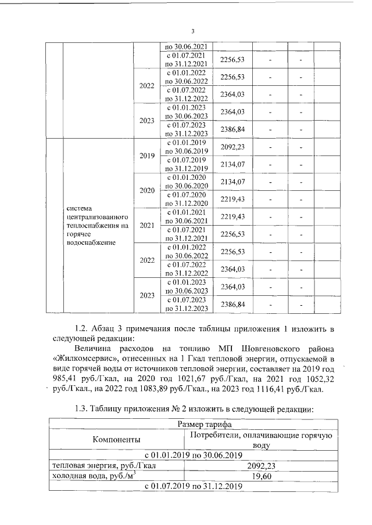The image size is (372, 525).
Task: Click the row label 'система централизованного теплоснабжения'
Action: tap(96, 225)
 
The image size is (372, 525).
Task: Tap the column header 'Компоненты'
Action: tap(116, 440)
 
